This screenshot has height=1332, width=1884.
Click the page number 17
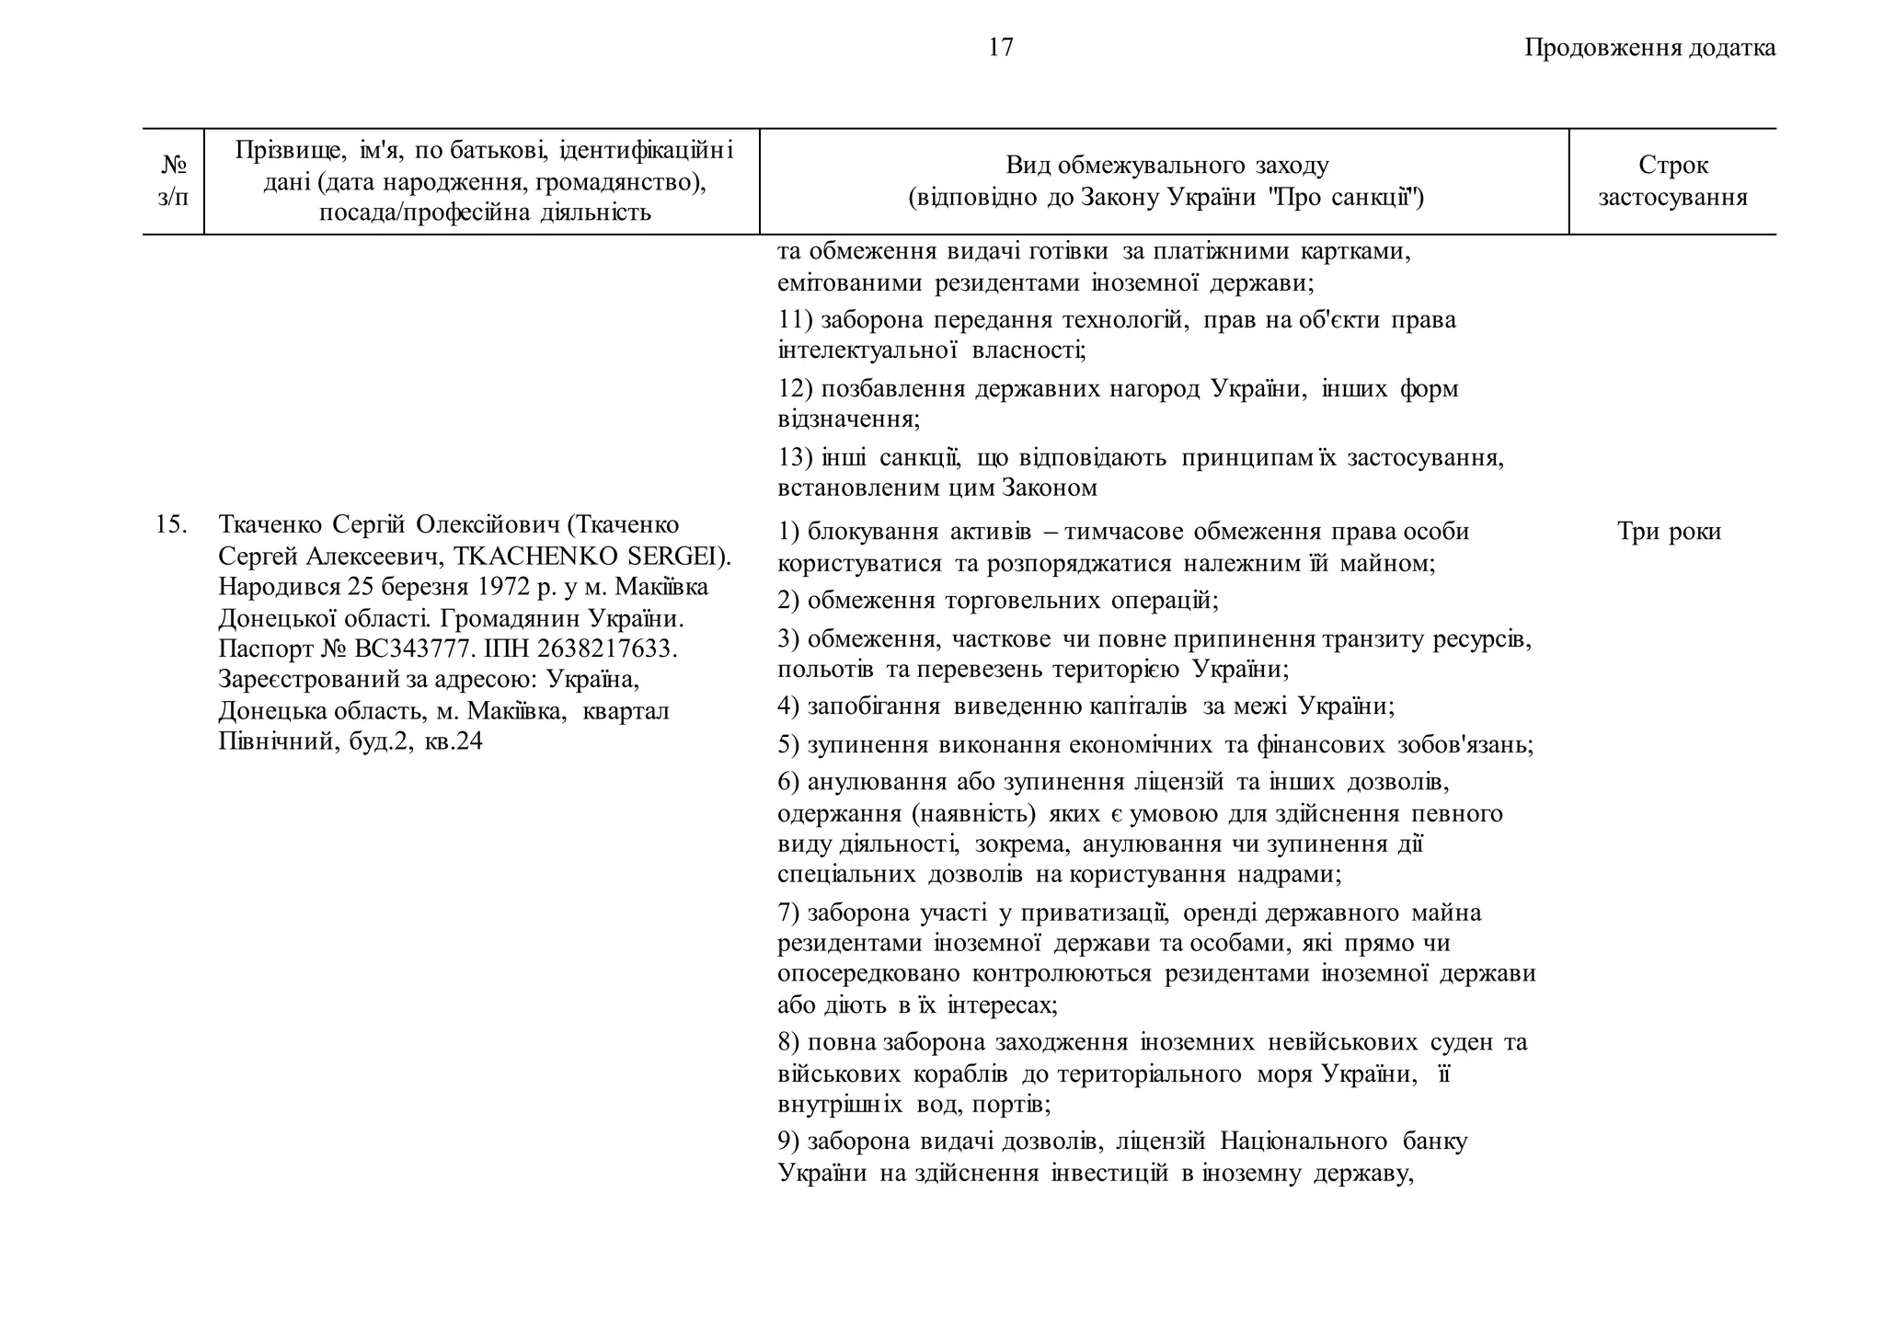1001,48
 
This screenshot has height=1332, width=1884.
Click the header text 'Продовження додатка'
1649,48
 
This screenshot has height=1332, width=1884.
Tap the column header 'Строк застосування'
1672,181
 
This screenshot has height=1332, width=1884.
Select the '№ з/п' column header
173,181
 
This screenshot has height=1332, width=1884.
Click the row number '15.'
172,525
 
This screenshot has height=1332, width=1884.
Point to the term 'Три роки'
1669,532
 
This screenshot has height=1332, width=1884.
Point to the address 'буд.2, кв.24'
415,741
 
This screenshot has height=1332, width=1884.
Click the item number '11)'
795,320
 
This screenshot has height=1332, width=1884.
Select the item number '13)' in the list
795,458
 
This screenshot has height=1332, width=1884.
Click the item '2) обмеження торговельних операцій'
997,601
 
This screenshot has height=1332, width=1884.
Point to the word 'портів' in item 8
1014,1104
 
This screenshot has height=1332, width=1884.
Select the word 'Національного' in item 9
1303,1142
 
